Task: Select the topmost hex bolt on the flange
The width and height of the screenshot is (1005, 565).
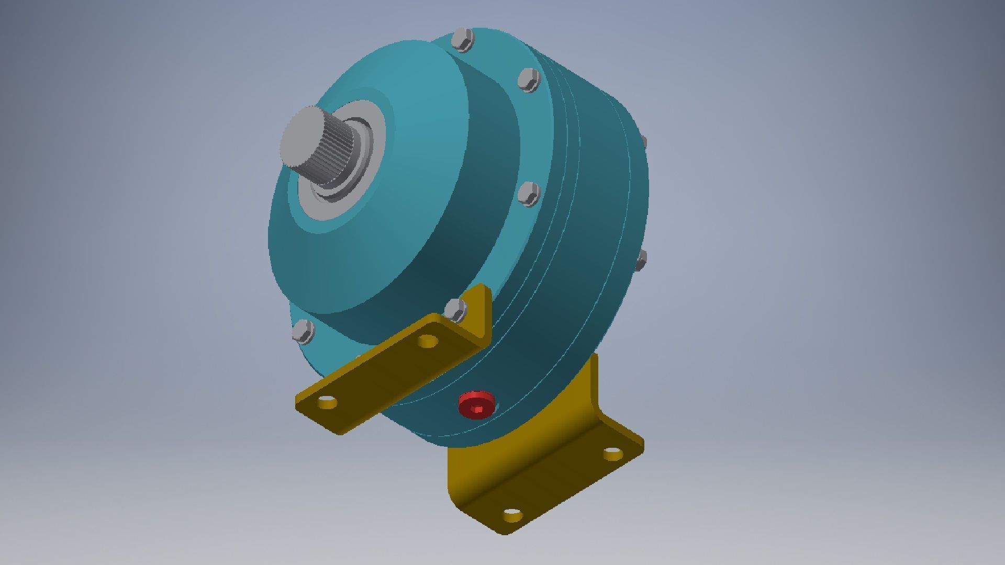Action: tap(462, 40)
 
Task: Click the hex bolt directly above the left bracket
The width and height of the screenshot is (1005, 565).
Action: tap(455, 310)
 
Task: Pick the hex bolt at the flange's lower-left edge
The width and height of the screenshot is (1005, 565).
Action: tap(303, 332)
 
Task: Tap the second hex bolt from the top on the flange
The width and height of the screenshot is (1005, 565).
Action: tap(528, 80)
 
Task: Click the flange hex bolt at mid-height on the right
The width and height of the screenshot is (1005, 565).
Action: tap(528, 194)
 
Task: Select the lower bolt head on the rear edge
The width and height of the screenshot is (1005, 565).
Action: tap(641, 260)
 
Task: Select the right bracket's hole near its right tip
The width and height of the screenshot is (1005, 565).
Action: tap(611, 453)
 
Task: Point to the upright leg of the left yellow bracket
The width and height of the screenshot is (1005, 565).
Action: tap(479, 314)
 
